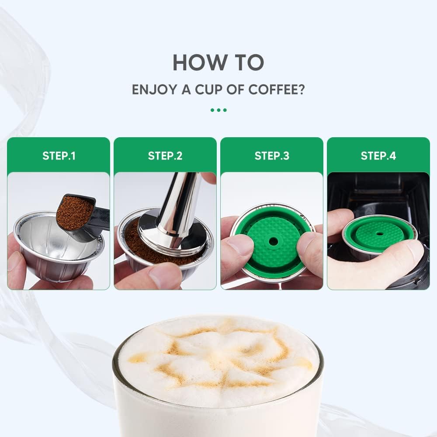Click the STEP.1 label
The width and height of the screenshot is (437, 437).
pyautogui.click(x=59, y=156)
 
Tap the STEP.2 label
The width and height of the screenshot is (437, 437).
pyautogui.click(x=165, y=156)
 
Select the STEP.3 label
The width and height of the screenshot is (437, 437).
pyautogui.click(x=272, y=156)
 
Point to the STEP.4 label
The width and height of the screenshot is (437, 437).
pyautogui.click(x=378, y=156)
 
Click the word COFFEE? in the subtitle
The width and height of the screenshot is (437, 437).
pyautogui.click(x=277, y=90)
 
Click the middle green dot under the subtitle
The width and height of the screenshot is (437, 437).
pyautogui.click(x=218, y=110)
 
